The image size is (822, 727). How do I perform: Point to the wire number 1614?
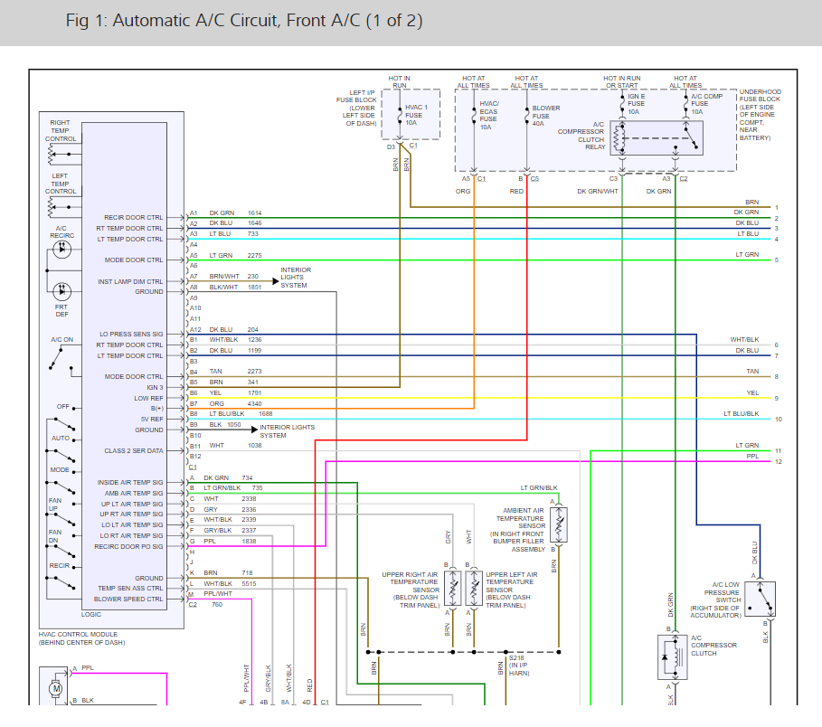(255, 212)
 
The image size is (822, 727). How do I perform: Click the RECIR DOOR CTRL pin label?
(134, 218)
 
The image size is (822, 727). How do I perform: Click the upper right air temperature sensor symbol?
(451, 589)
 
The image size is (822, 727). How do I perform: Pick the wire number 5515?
(250, 583)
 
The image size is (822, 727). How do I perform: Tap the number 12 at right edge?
(778, 462)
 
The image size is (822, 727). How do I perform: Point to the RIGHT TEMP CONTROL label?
(61, 130)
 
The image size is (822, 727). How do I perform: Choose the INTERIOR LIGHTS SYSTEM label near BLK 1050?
(287, 430)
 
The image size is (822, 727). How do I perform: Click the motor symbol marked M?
(56, 688)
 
